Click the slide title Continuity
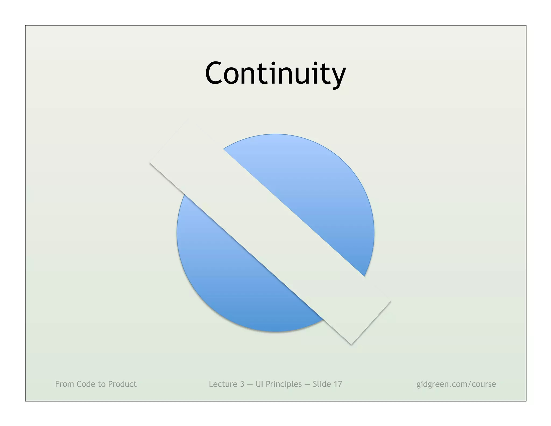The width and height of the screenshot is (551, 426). point(275,73)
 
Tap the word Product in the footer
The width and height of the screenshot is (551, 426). point(122,384)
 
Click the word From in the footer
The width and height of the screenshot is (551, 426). point(65,384)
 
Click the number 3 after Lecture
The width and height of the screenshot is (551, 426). point(242,384)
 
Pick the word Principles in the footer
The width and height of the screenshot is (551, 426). point(284,384)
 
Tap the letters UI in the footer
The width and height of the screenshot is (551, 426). point(259,384)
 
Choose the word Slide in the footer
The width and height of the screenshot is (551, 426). point(322,384)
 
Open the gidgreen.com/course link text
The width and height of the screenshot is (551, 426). point(456,384)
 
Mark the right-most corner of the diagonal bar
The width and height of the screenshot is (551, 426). point(391,301)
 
